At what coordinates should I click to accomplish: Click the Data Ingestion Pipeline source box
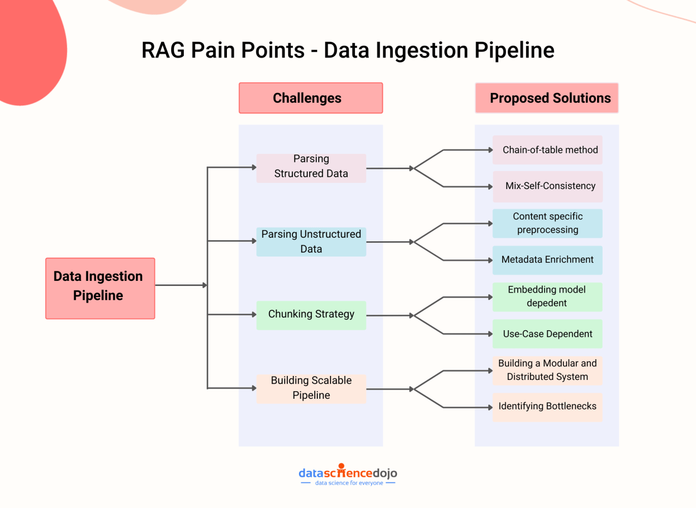click(x=100, y=288)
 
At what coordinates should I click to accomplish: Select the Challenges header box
click(x=311, y=98)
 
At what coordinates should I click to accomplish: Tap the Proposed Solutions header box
click(x=547, y=98)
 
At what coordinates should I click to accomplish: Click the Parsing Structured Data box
click(x=311, y=168)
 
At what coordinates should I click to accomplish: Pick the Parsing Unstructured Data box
click(x=311, y=242)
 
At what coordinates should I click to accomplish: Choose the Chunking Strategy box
click(x=311, y=315)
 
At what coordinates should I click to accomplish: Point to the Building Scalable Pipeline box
click(x=311, y=389)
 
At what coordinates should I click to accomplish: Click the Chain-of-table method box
click(x=547, y=150)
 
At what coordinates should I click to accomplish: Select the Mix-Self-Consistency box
click(x=547, y=186)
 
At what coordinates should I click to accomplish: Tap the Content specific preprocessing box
click(x=547, y=224)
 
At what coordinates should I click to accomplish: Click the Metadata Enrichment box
click(x=547, y=260)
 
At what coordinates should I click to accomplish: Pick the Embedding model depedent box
click(x=547, y=297)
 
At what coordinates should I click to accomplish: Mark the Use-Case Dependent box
click(x=547, y=334)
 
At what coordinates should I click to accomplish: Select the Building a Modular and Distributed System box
click(x=547, y=370)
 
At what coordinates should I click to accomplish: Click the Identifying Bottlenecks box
click(x=547, y=407)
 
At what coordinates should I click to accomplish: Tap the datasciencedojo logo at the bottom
click(x=348, y=474)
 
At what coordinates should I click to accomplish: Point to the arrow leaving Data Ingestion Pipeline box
click(x=180, y=285)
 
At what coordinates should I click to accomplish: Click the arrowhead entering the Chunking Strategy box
click(x=254, y=314)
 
